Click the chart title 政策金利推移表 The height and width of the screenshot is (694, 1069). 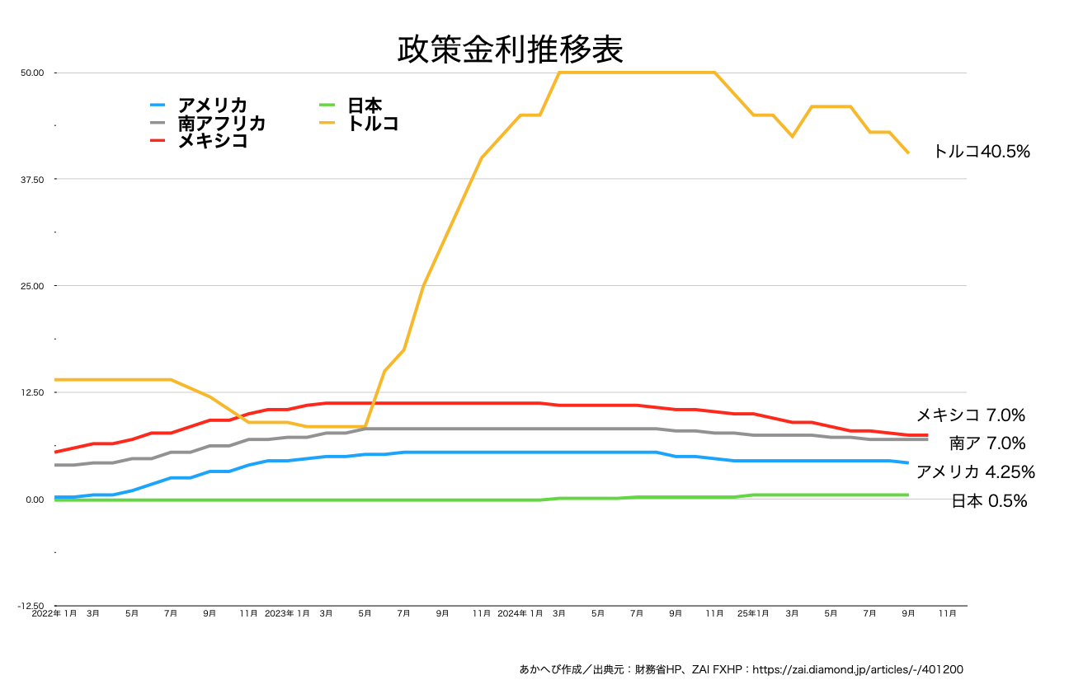510,49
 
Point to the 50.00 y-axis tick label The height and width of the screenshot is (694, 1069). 32,73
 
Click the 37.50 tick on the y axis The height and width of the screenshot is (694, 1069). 32,180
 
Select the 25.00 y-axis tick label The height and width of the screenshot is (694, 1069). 32,286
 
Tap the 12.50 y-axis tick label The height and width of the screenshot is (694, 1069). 32,392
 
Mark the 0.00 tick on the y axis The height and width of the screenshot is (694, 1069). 34,499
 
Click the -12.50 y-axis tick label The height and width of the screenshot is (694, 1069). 31,606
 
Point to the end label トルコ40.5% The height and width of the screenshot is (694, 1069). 982,152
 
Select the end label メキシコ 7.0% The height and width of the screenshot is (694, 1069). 971,415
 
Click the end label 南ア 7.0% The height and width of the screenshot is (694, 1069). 987,443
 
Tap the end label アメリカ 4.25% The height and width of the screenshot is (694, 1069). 975,472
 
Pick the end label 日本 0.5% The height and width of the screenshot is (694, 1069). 989,501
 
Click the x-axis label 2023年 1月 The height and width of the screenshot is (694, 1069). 287,614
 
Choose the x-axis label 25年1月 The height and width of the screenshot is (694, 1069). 753,614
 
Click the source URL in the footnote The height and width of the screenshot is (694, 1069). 859,670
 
